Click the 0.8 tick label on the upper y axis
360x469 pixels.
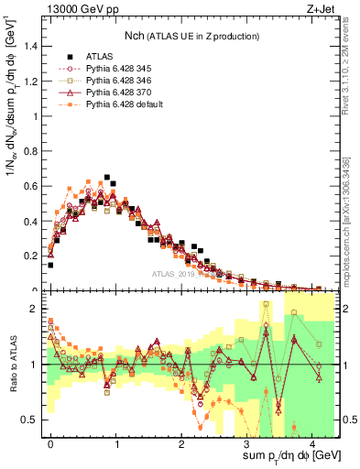(34, 152)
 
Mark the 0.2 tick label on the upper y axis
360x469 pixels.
(34, 256)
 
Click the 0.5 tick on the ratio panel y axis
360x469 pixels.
(34, 420)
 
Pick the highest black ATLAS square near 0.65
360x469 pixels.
(107, 177)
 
